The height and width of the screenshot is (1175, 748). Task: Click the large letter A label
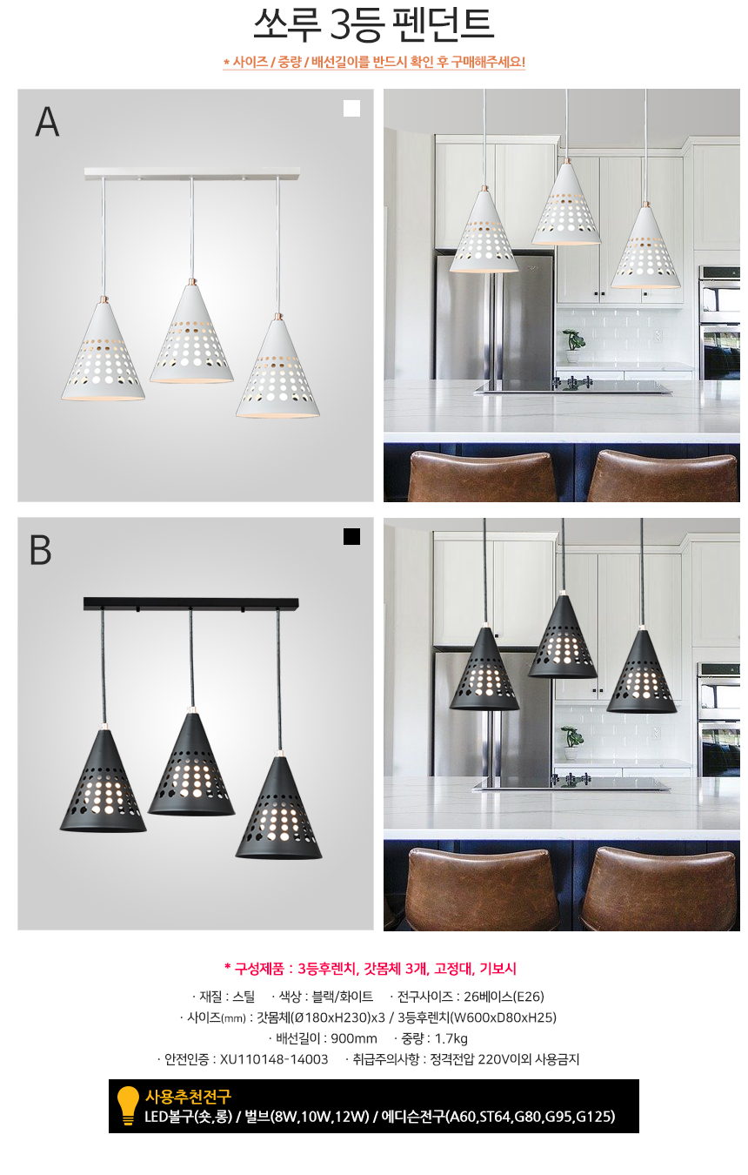[47, 122]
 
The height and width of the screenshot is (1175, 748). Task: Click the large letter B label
[40, 550]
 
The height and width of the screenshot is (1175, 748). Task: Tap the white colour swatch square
[351, 109]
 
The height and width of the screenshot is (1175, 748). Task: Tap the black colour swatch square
[351, 537]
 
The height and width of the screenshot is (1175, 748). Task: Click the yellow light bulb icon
[127, 1105]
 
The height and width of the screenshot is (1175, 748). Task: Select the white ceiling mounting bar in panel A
[192, 173]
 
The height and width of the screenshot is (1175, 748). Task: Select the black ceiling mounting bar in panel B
[190, 604]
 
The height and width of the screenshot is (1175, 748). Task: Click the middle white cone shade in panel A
[191, 332]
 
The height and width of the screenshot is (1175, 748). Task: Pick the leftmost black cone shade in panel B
[103, 781]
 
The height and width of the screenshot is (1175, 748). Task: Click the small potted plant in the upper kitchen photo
[573, 346]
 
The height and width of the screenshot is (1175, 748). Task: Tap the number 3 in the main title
[341, 24]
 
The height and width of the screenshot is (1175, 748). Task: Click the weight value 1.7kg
[451, 1038]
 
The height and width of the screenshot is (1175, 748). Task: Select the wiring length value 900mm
[354, 1038]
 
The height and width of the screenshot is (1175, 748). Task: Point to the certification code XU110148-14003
[274, 1059]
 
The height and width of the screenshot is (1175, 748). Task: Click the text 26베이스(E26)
[504, 996]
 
